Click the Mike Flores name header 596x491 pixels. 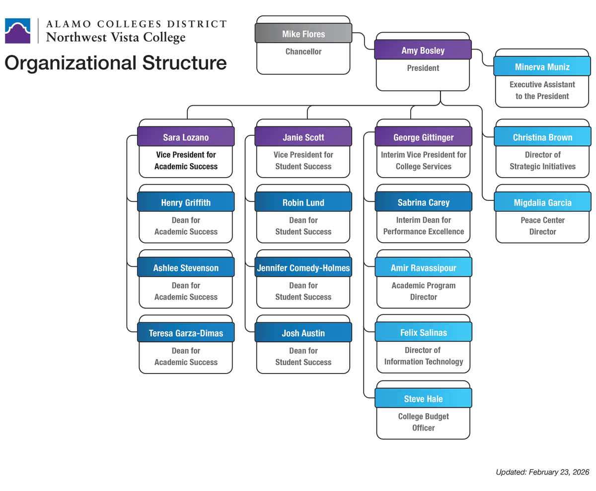[303, 34]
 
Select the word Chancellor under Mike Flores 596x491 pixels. [303, 52]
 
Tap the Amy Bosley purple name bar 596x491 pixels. [423, 51]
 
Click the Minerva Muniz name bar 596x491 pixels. [542, 67]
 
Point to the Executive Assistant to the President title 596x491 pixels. [542, 90]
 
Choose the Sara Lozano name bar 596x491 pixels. [186, 137]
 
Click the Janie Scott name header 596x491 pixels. [303, 137]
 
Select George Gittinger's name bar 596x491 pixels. [423, 137]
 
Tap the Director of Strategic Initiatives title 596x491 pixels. [542, 161]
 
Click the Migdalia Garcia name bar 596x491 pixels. [542, 202]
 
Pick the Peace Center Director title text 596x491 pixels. [542, 226]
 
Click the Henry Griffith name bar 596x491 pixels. [186, 202]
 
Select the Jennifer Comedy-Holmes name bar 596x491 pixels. [303, 268]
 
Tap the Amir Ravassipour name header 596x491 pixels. [423, 268]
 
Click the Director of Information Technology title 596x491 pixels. [423, 356]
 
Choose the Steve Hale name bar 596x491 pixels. [423, 399]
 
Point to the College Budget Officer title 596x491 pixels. [423, 422]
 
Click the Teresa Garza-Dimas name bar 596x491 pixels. [186, 333]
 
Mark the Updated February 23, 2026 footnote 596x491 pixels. [542, 472]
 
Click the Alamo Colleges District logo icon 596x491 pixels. [19, 31]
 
